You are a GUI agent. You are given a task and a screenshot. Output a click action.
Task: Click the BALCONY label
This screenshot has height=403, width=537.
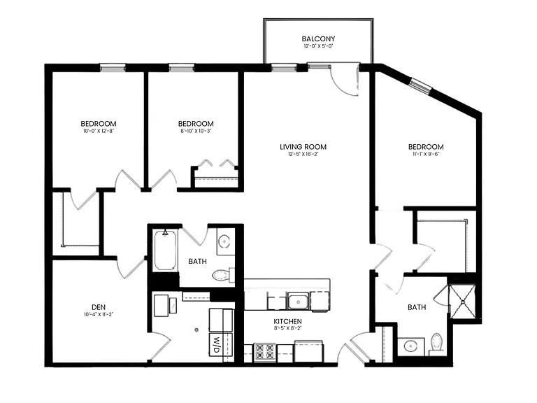click(x=318, y=38)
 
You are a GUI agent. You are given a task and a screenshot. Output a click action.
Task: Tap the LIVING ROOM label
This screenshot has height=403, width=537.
click(x=303, y=147)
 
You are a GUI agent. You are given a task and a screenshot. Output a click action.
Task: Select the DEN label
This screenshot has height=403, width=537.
click(x=99, y=307)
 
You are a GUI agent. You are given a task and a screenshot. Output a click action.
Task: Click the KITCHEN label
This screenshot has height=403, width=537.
click(x=287, y=321)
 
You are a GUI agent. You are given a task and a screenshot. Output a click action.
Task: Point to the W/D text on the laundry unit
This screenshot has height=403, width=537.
click(x=216, y=346)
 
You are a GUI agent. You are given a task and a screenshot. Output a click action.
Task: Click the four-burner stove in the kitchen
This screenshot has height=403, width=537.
click(x=265, y=352)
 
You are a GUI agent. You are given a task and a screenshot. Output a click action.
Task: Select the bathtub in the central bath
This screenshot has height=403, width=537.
click(x=166, y=250)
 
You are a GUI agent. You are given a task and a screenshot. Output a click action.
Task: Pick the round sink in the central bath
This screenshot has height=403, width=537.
click(x=224, y=241)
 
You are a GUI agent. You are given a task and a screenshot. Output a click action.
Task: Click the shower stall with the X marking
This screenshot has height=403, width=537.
click(x=462, y=302)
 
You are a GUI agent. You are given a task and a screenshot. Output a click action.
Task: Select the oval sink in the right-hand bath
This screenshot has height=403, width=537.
click(x=410, y=346)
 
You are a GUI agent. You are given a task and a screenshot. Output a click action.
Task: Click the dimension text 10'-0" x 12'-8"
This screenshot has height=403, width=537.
click(x=99, y=131)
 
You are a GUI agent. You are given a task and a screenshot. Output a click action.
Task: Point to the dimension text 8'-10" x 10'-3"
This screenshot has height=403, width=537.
click(x=196, y=131)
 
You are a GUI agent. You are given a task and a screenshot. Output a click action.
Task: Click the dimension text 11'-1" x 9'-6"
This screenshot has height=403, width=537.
click(x=426, y=154)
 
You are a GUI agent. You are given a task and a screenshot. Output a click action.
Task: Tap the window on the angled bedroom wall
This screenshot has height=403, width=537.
click(x=420, y=85)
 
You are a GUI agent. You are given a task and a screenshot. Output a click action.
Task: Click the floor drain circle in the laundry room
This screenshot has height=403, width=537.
click(x=196, y=330)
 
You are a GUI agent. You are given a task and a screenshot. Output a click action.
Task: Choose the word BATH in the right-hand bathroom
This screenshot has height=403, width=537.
click(x=417, y=307)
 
